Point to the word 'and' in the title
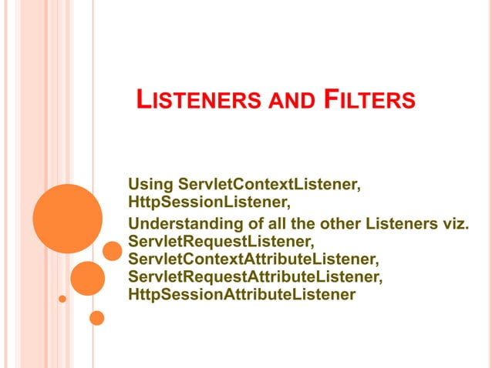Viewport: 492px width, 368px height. [292, 101]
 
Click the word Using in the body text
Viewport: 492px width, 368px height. [150, 185]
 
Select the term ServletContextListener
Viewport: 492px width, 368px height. [270, 185]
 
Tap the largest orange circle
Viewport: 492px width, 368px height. [68, 219]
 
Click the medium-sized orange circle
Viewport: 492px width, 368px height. [88, 278]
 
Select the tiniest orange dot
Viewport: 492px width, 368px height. [62, 298]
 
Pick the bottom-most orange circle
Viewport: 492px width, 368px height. [96, 317]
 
